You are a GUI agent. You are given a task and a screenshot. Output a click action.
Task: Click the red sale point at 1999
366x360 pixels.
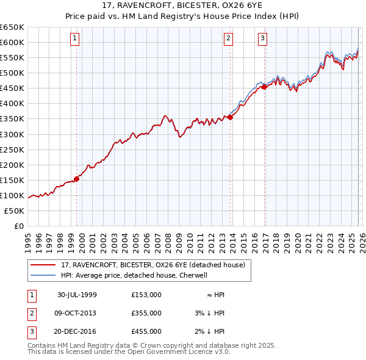77,179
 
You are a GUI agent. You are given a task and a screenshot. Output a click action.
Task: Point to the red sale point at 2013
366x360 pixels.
230,117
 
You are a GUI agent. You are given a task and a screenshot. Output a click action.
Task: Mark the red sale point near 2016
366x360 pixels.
265,87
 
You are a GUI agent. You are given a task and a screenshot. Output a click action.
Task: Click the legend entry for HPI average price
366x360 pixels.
134,275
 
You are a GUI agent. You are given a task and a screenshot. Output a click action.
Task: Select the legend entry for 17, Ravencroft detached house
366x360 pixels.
152,265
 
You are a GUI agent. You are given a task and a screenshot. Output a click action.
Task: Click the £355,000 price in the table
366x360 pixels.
146,313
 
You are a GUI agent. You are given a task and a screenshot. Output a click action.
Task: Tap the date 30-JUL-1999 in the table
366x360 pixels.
77,295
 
